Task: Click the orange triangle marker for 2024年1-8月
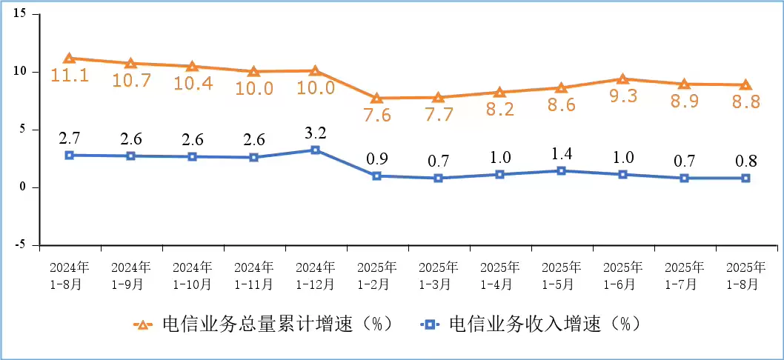tap(69, 59)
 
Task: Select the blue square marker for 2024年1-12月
tap(315, 150)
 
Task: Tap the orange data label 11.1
tap(69, 75)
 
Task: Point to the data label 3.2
tap(315, 133)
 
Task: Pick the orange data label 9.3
tap(622, 95)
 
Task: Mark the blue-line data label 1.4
tap(561, 155)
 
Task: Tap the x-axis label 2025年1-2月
tap(376, 275)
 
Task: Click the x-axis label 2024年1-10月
tap(192, 275)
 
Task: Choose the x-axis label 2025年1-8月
tap(745, 275)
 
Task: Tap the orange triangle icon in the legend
tap(142, 324)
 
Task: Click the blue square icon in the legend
tap(429, 324)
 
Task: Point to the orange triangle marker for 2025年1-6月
tap(622, 79)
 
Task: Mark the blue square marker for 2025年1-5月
tap(561, 170)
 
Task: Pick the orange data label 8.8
tap(745, 102)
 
